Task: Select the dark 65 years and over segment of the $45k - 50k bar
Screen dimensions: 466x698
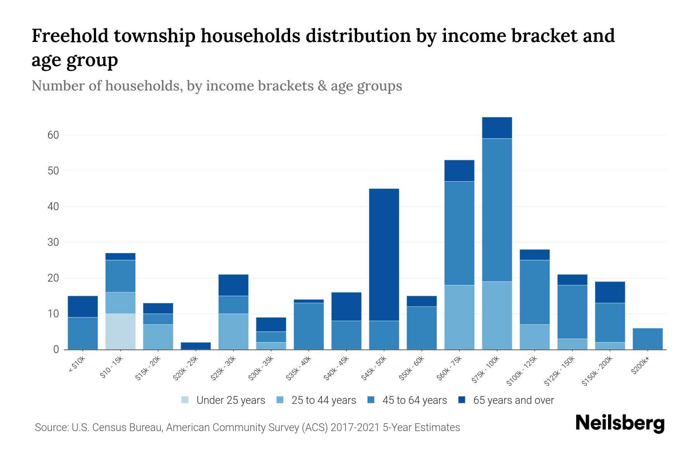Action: click(384, 254)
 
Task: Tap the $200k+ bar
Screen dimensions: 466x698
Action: click(647, 339)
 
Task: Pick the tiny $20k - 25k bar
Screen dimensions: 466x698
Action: click(195, 346)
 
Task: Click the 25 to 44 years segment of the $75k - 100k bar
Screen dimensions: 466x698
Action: click(497, 315)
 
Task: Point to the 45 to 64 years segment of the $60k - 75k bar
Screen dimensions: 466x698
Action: click(459, 233)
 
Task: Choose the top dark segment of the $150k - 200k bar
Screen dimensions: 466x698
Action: click(610, 292)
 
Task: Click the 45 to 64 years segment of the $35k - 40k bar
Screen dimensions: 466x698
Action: click(309, 326)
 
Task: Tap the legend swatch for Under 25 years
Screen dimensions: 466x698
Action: click(185, 400)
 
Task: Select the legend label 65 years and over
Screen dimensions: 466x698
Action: click(513, 400)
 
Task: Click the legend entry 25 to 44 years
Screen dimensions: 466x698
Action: click(323, 400)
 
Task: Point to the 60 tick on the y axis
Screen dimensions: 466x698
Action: click(53, 135)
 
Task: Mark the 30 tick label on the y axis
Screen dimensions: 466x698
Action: click(53, 242)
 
